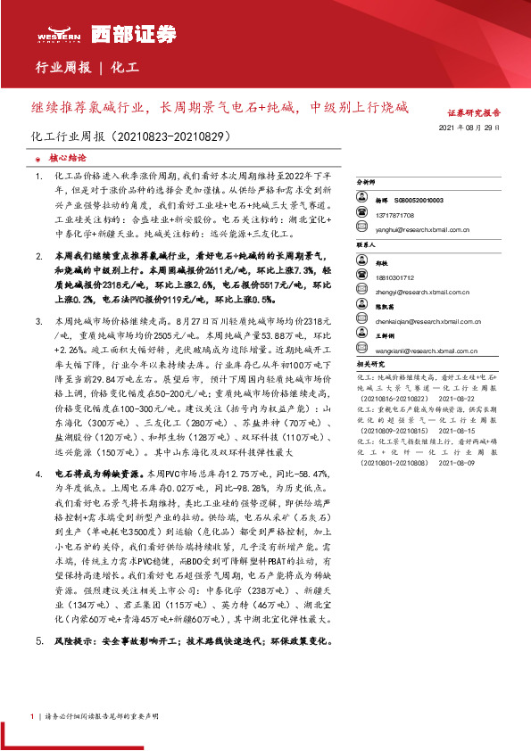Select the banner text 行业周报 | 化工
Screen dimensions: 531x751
point(86,67)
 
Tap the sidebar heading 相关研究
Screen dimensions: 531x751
point(370,365)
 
